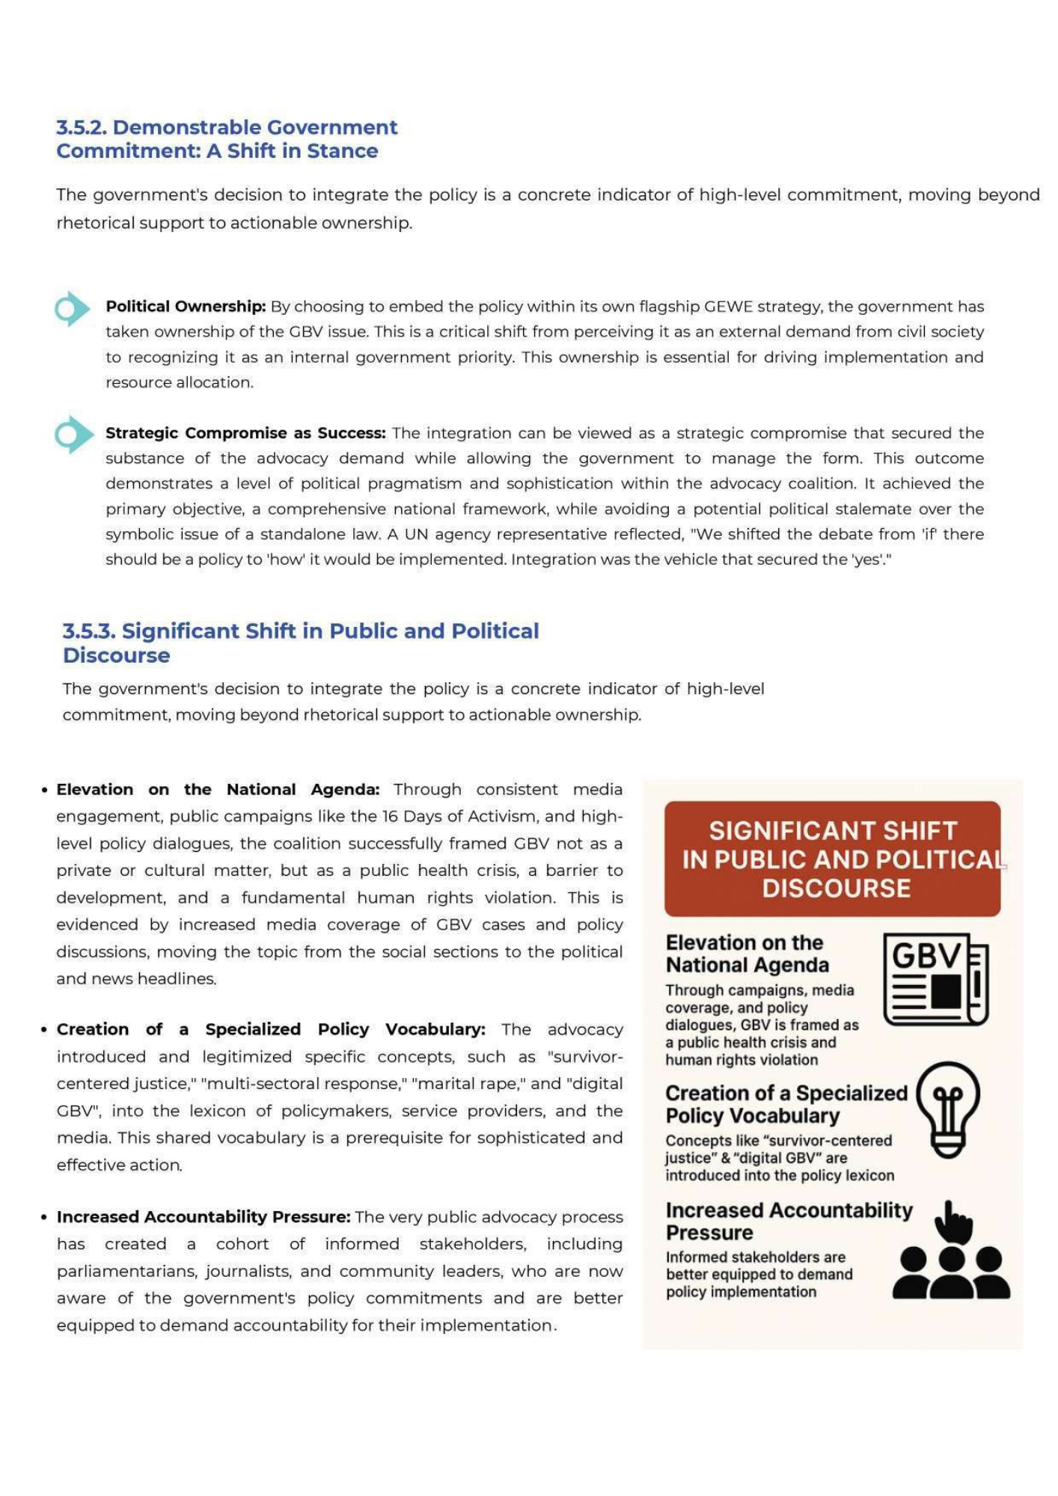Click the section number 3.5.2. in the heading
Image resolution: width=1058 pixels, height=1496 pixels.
pos(82,127)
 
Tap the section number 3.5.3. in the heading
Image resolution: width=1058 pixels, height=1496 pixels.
pos(89,631)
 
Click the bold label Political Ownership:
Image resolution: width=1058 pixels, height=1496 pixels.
pos(186,307)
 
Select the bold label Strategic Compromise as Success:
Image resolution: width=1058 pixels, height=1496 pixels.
pos(245,433)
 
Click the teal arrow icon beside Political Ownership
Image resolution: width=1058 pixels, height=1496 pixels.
pos(72,308)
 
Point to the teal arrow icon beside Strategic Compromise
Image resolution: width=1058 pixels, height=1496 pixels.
pos(73,435)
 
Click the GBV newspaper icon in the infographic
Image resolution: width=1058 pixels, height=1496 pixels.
pos(936,978)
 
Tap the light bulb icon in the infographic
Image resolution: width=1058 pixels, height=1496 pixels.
pos(948,1110)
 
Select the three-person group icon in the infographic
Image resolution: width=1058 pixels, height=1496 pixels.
pos(951,1272)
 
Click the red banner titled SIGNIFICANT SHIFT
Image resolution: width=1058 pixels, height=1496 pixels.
pos(832,859)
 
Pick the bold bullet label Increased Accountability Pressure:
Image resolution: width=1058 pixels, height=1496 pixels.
pos(204,1217)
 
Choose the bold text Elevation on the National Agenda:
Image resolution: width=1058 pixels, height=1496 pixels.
pos(218,790)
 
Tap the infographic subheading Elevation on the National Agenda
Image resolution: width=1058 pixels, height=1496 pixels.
pos(747,954)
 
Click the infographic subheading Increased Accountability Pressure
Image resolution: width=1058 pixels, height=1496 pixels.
pos(789,1221)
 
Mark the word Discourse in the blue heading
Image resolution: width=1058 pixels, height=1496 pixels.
pos(117,656)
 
